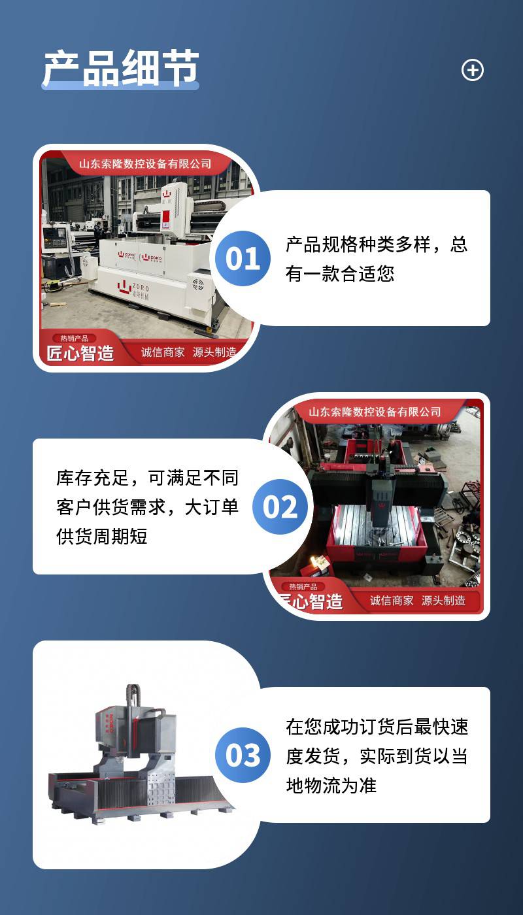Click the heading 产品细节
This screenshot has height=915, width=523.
pyautogui.click(x=121, y=68)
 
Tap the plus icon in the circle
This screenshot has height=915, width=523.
pyautogui.click(x=472, y=70)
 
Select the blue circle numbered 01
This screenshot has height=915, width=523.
pyautogui.click(x=243, y=258)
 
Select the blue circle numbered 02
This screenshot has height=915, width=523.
pyautogui.click(x=280, y=507)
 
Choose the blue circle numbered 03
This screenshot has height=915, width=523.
pyautogui.click(x=243, y=755)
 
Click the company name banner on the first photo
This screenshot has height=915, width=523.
pyautogui.click(x=145, y=164)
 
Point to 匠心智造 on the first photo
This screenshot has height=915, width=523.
pyautogui.click(x=80, y=354)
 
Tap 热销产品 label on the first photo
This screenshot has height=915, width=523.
pyautogui.click(x=75, y=339)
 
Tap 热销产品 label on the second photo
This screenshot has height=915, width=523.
pyautogui.click(x=303, y=587)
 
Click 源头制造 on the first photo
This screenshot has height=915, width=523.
pyautogui.click(x=214, y=352)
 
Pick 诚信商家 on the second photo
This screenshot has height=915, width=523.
pyautogui.click(x=392, y=601)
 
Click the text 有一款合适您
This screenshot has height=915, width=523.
pyautogui.click(x=340, y=274)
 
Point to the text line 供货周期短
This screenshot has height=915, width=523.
pyautogui.click(x=102, y=536)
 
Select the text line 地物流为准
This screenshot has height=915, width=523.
pyautogui.click(x=331, y=785)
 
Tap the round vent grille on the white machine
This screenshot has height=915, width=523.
pyautogui.click(x=198, y=284)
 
